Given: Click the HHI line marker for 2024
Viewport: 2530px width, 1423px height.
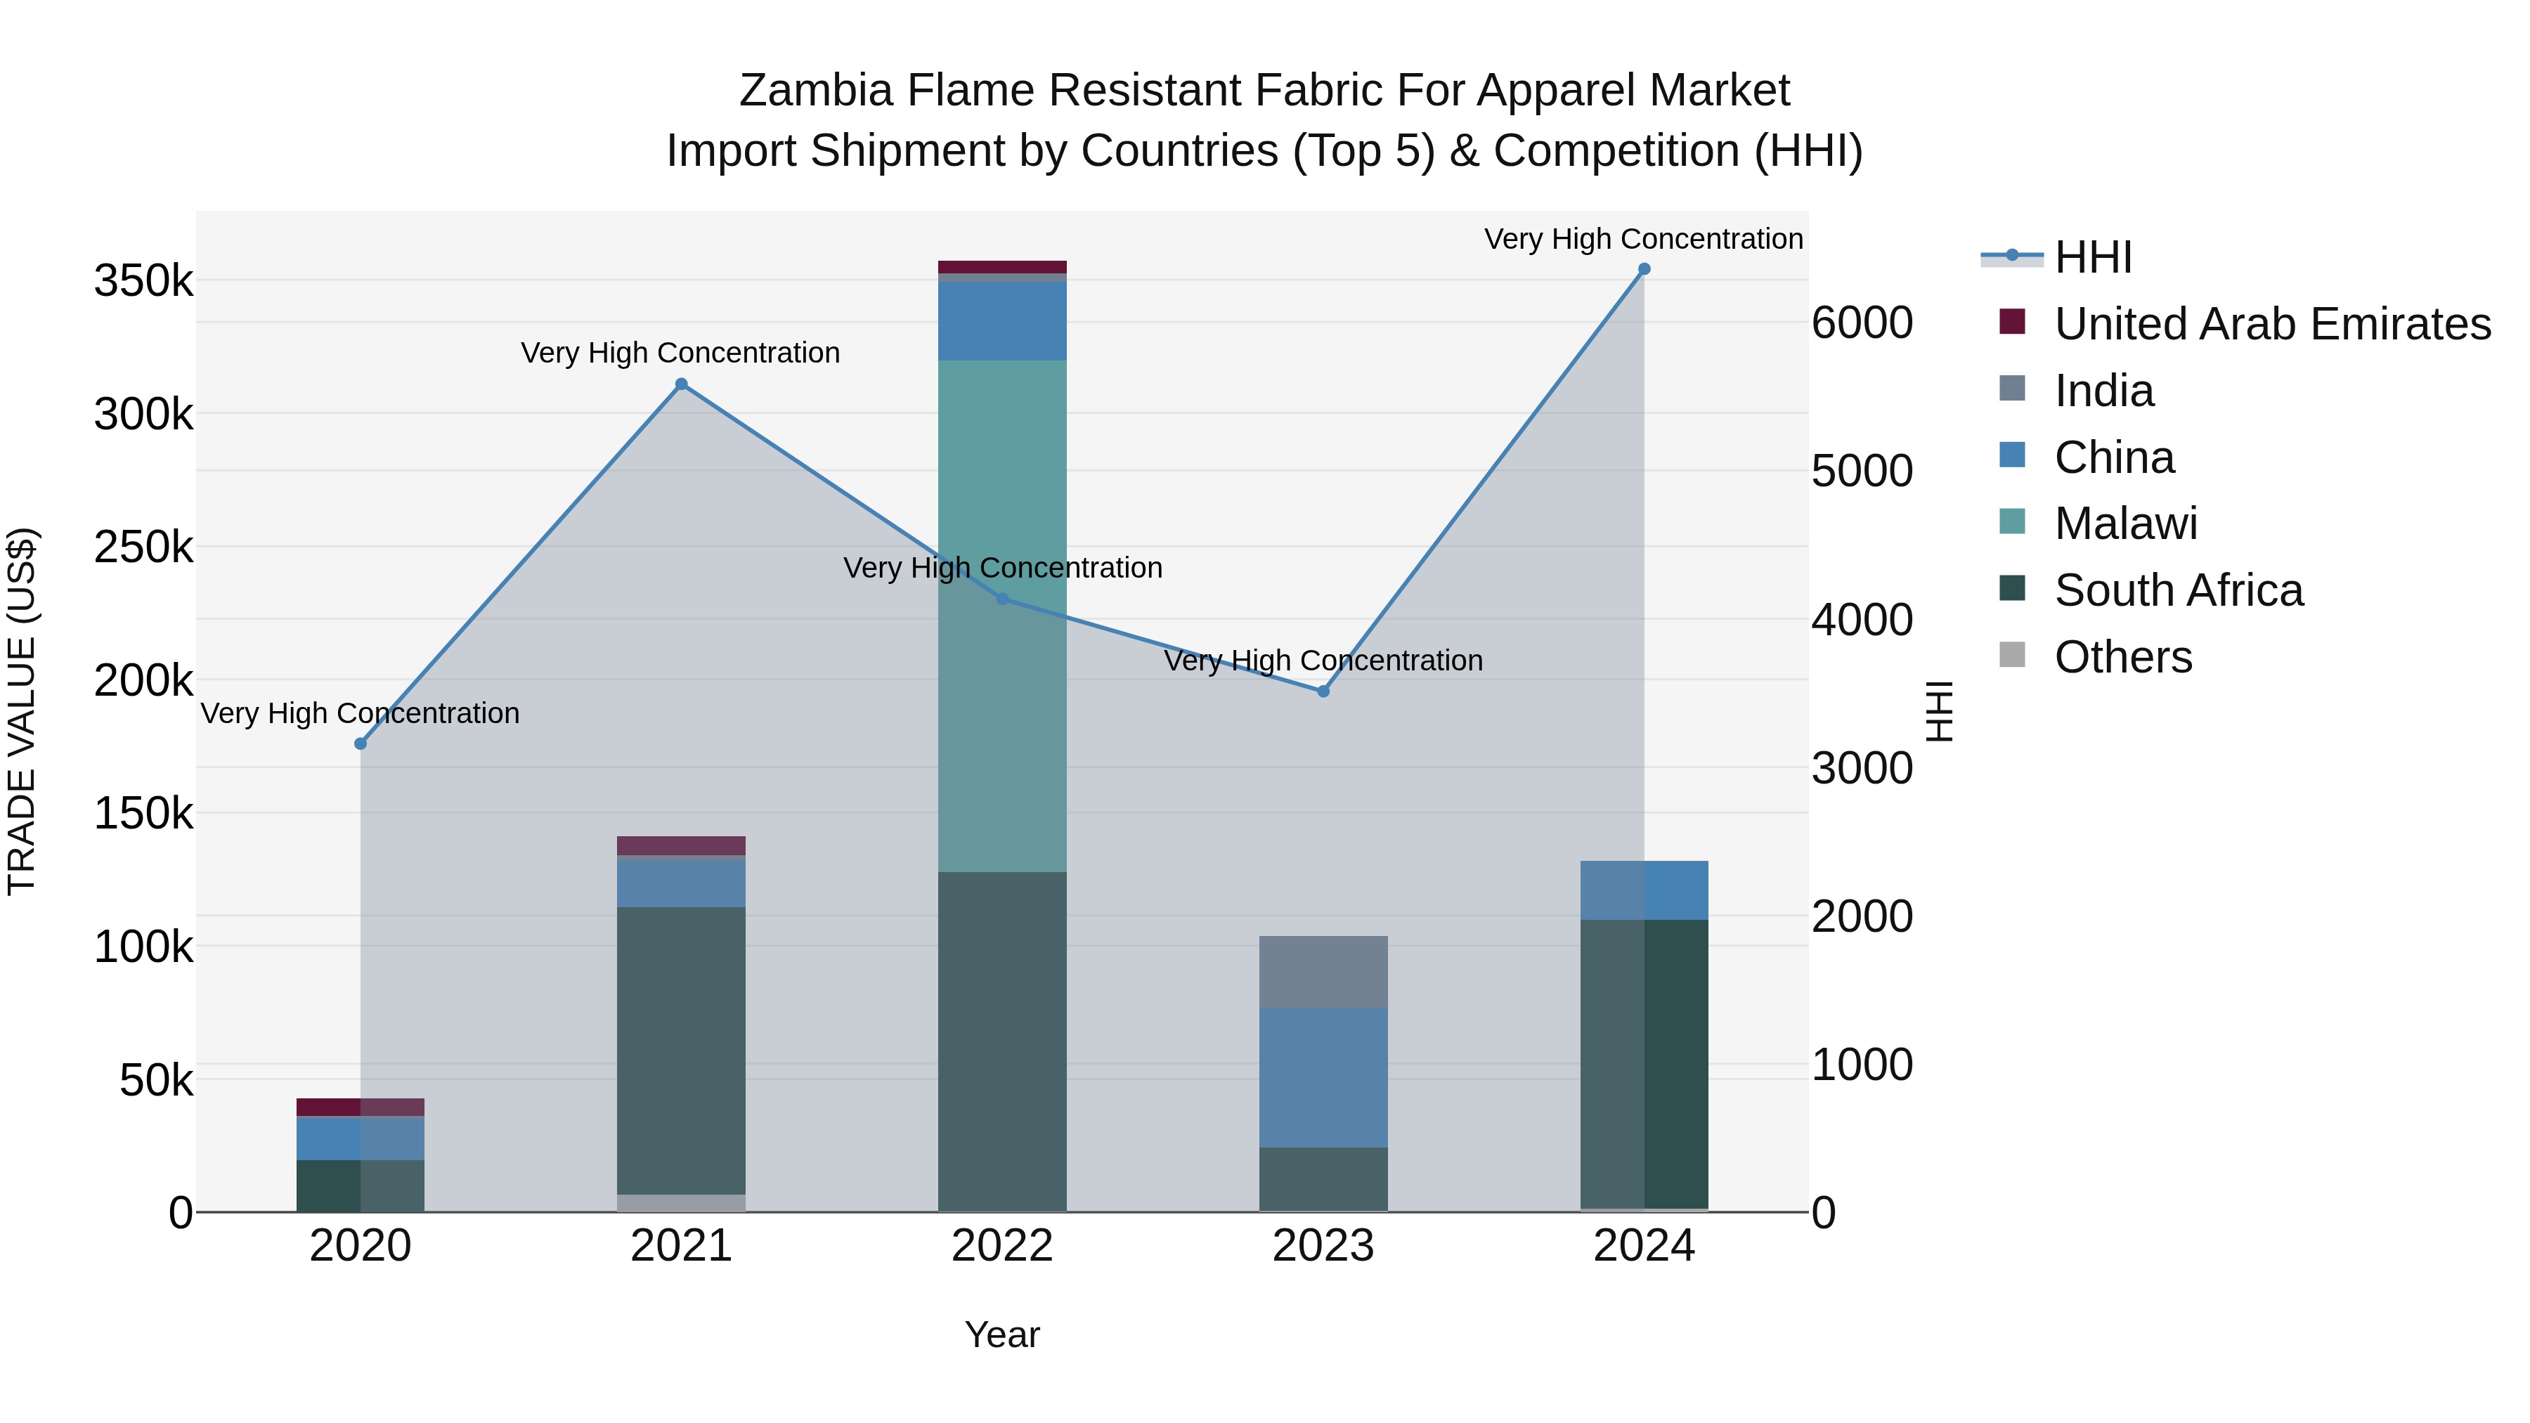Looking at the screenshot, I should (x=1643, y=269).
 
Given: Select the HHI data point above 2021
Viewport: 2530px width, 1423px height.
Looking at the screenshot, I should (x=682, y=384).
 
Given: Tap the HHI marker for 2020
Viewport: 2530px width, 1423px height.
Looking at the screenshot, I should (x=361, y=743).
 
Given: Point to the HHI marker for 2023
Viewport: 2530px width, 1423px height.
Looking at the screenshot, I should (x=1323, y=691).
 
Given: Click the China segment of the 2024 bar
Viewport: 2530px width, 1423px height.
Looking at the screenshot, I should (x=1643, y=890).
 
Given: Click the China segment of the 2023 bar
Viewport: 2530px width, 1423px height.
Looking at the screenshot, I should (x=1323, y=1077).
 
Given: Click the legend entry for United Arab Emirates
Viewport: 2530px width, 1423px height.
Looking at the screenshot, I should (x=2271, y=324).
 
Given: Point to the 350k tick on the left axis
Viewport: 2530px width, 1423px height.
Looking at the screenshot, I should (x=143, y=282).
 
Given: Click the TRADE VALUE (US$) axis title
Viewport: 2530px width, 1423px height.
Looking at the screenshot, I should (x=22, y=711).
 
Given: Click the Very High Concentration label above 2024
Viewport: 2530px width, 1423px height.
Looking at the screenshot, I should (x=1643, y=239).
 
